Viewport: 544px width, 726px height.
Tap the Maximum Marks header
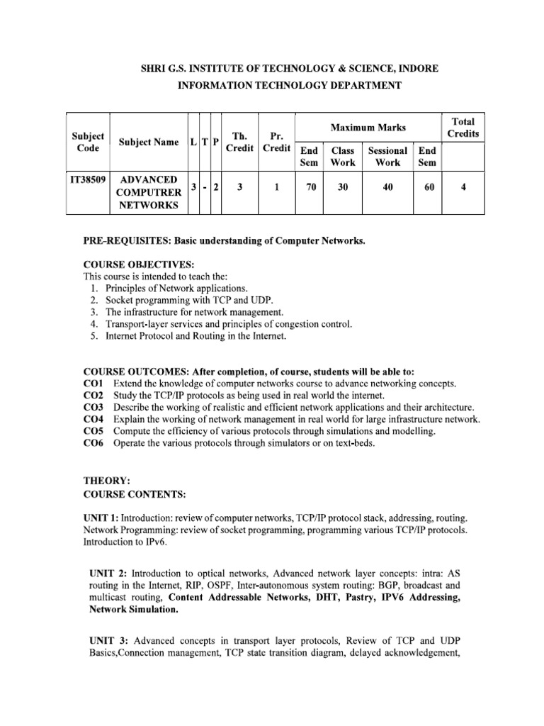(x=368, y=128)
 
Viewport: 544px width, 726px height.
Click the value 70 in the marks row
(x=309, y=187)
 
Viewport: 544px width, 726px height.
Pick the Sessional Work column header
(x=387, y=156)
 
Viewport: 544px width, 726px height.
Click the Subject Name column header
(x=149, y=143)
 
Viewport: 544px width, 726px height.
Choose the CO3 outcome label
(x=93, y=408)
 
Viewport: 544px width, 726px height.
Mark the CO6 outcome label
(x=93, y=443)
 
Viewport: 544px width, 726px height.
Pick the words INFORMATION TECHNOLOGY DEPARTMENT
(x=288, y=86)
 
